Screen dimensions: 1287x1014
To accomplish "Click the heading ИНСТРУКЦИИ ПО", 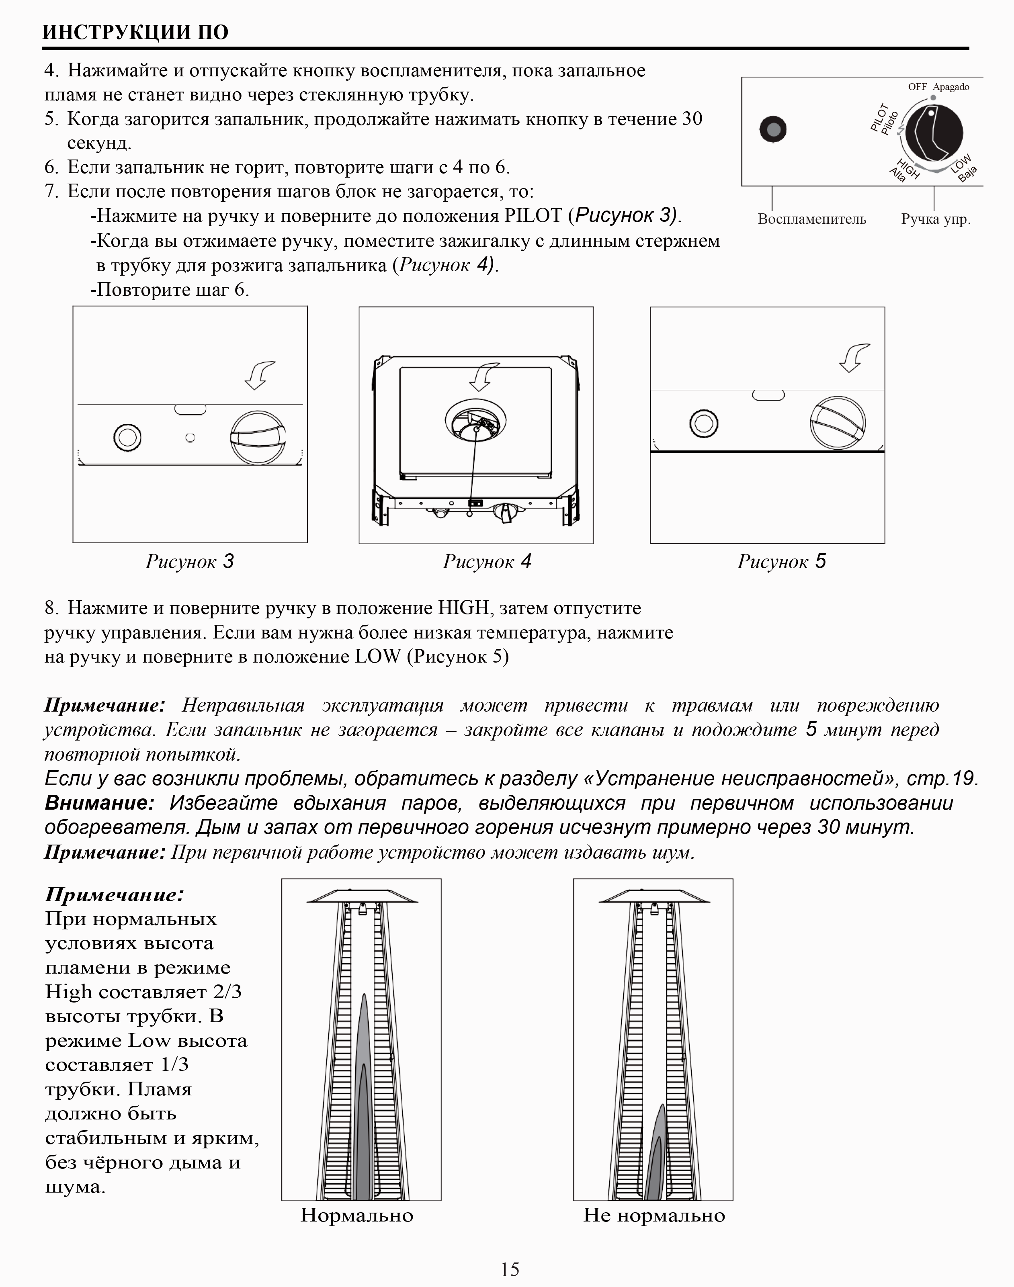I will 135,32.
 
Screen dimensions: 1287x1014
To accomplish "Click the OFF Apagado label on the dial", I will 938,87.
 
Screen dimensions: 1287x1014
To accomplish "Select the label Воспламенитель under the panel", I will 811,219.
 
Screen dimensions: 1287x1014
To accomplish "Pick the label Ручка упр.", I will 935,219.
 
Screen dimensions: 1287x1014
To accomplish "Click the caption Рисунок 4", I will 487,561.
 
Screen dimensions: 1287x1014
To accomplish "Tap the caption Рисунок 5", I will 781,561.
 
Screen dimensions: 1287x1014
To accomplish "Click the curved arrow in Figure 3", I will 260,375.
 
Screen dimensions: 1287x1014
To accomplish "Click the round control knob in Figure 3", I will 258,438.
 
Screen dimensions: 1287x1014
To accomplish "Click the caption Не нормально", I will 653,1215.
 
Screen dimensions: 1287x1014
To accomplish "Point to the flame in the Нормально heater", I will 363,1104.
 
